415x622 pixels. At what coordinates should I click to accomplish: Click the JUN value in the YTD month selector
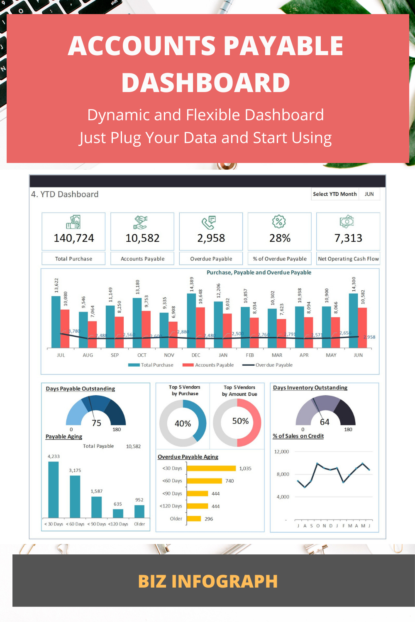tap(369, 194)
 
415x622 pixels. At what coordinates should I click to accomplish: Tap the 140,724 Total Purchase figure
tap(74, 238)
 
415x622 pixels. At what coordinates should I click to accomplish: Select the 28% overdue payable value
tap(280, 238)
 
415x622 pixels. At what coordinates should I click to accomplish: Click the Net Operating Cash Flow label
tap(348, 259)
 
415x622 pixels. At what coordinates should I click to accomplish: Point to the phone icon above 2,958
tap(209, 222)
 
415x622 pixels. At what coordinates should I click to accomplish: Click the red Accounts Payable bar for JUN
tap(362, 328)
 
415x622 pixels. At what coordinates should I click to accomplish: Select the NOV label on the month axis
tap(169, 355)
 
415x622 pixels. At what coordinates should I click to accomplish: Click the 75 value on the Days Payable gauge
tap(96, 423)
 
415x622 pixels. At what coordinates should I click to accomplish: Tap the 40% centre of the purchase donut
tap(183, 423)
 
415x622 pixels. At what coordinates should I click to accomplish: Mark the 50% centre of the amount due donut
tap(240, 421)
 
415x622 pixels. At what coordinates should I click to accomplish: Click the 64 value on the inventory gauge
tap(325, 422)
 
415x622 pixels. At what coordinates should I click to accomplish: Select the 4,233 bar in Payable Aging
tap(54, 489)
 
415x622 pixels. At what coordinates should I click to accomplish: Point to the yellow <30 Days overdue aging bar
tap(212, 468)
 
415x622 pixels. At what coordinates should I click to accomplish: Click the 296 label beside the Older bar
tap(209, 519)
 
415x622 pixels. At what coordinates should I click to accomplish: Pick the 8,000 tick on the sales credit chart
tap(283, 474)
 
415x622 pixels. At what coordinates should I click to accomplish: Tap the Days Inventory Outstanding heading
tap(310, 388)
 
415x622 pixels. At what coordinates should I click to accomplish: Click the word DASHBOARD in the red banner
tap(206, 83)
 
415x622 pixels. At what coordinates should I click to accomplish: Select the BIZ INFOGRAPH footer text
tap(207, 581)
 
